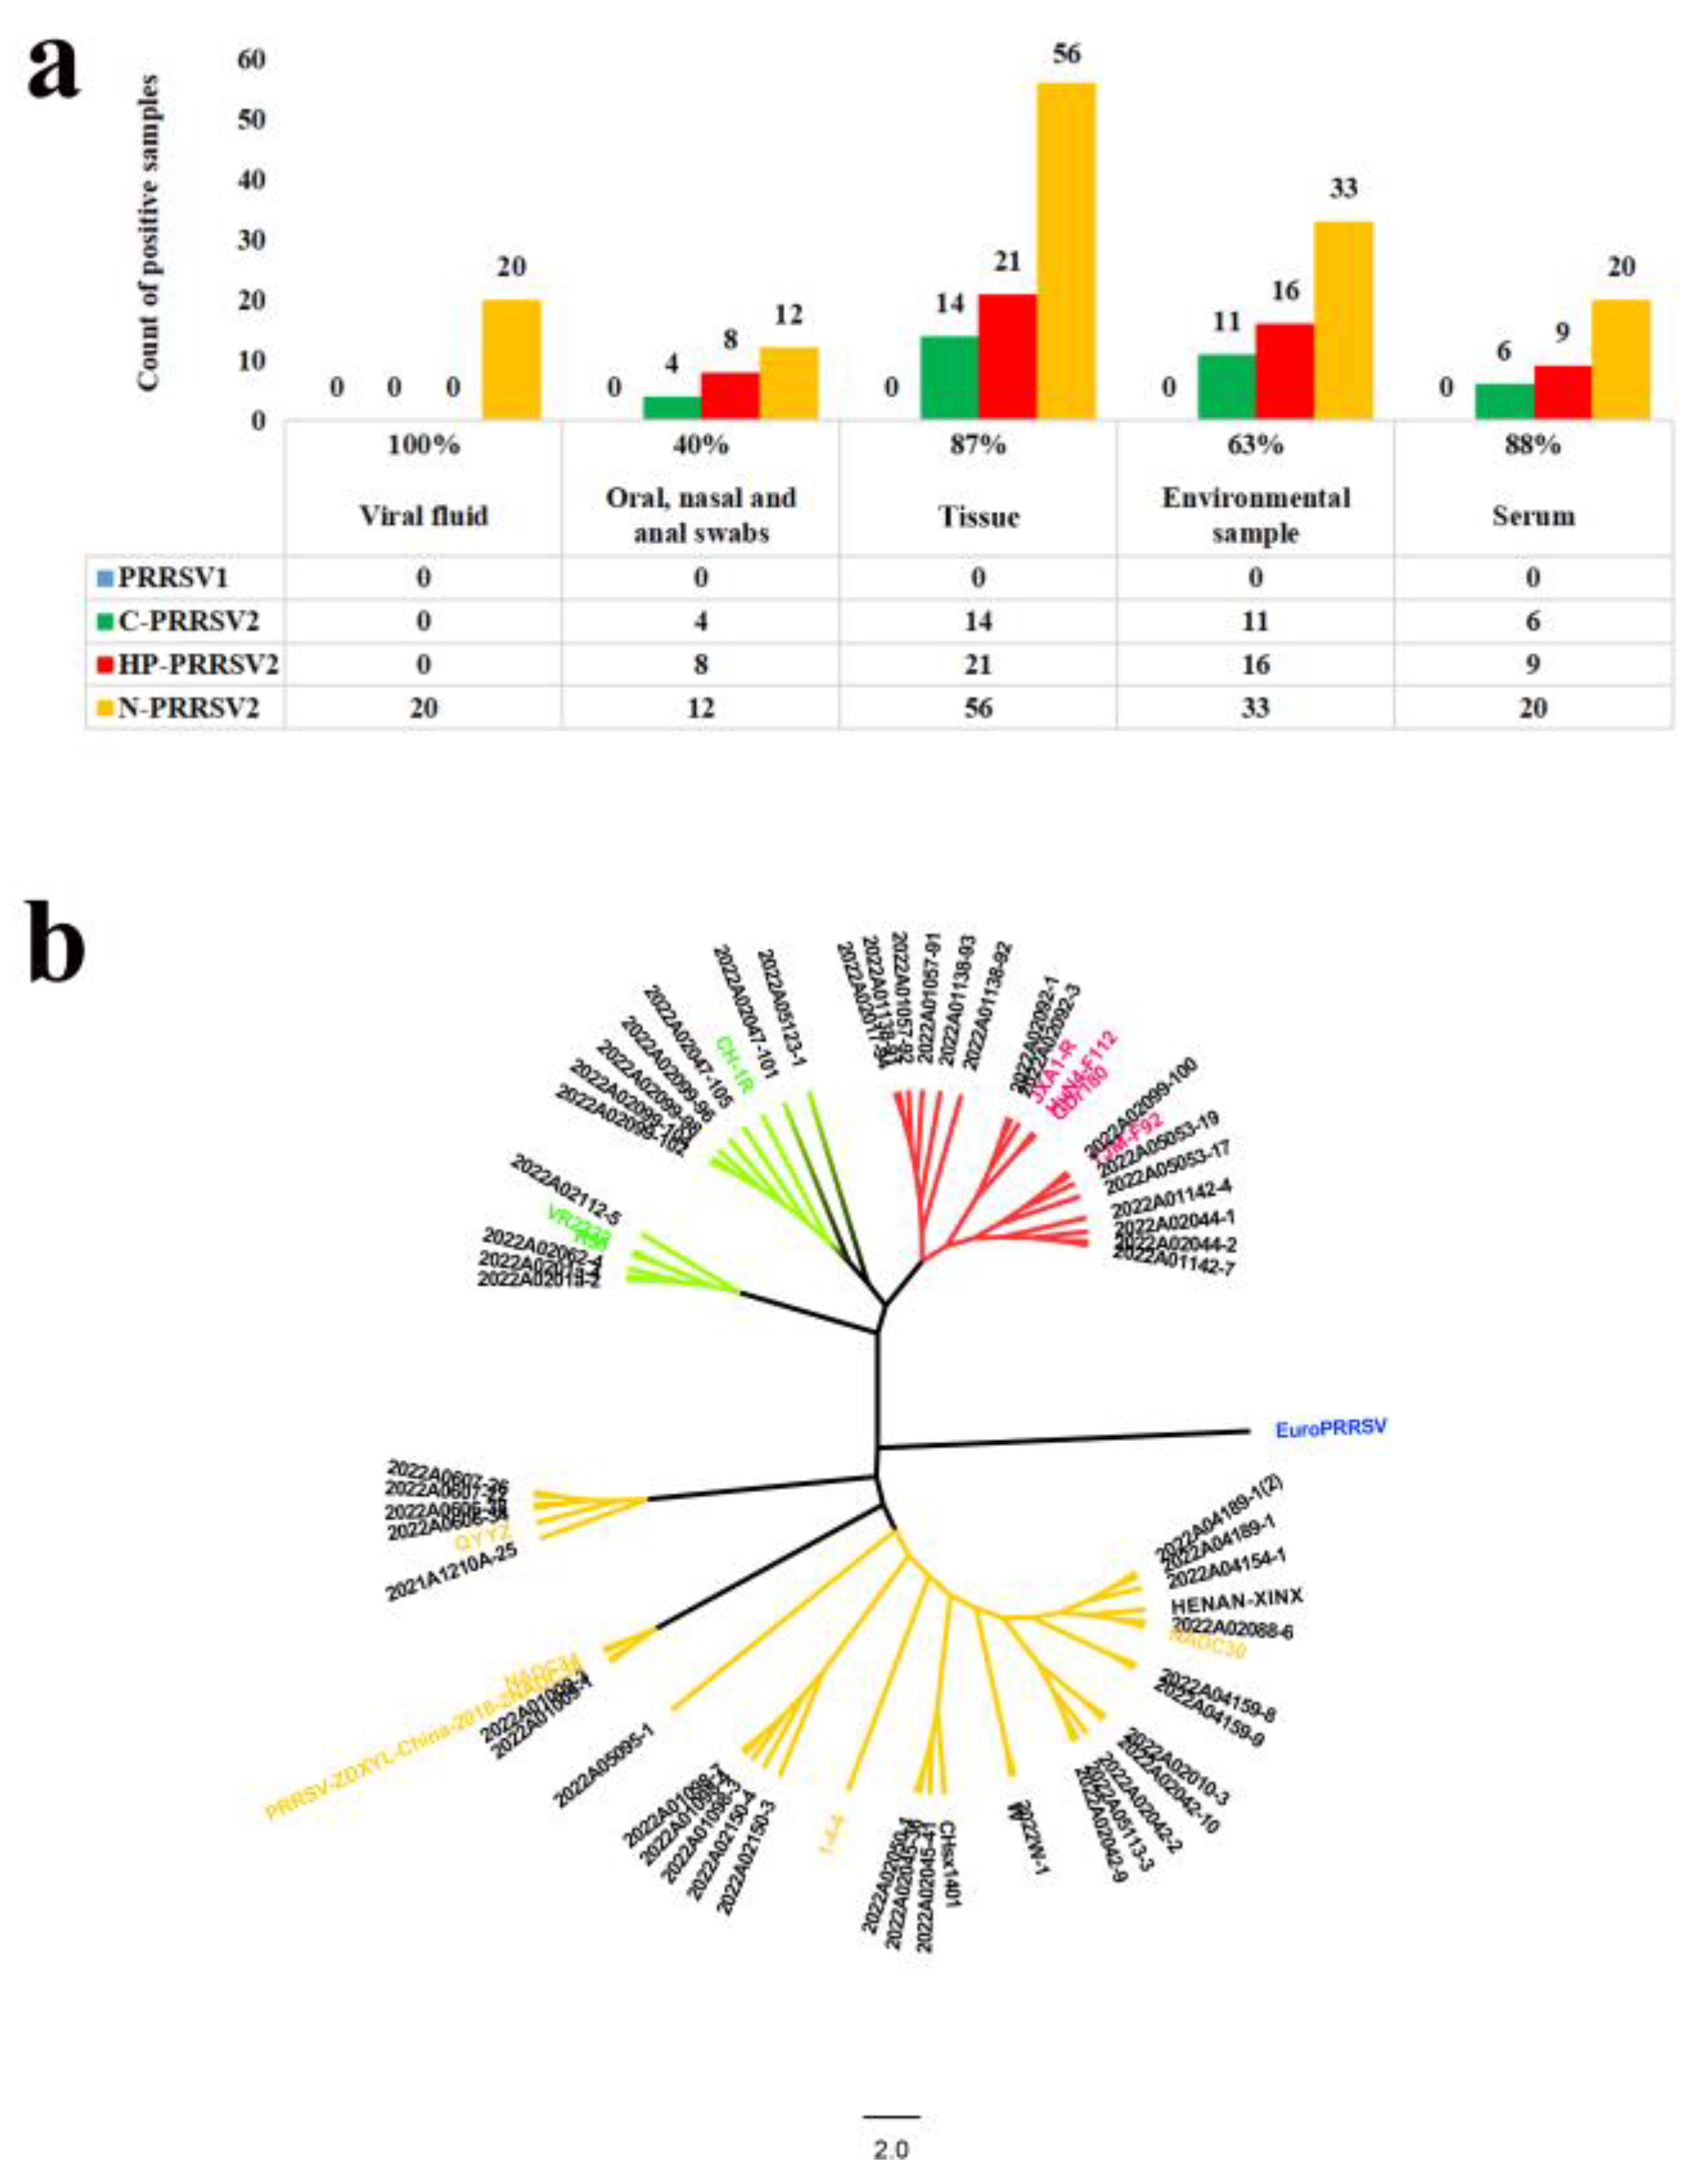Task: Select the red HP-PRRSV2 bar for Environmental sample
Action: pyautogui.click(x=1284, y=370)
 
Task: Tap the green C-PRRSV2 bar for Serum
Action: pyautogui.click(x=1504, y=400)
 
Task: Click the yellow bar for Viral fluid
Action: pyautogui.click(x=512, y=359)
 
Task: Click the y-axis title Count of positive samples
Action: pyautogui.click(x=149, y=232)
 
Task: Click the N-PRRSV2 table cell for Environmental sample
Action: pyautogui.click(x=1254, y=708)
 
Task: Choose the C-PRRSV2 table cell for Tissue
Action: pyautogui.click(x=977, y=621)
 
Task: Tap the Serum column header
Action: pyautogui.click(x=1533, y=516)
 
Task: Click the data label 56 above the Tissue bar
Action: pyautogui.click(x=1065, y=53)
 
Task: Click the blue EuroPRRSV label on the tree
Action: pyautogui.click(x=1331, y=1430)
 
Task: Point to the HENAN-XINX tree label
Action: pyautogui.click(x=1236, y=1600)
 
